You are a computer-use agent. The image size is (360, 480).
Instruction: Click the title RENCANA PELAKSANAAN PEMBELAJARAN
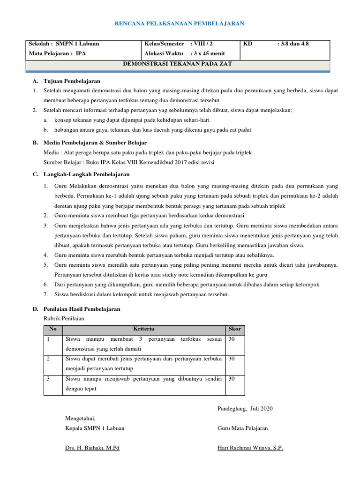[x=180, y=23]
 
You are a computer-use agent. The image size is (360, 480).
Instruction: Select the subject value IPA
[x=81, y=53]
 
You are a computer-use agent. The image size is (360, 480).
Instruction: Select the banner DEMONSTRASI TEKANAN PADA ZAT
[x=177, y=64]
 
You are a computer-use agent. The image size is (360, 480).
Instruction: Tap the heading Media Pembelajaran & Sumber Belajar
[x=95, y=142]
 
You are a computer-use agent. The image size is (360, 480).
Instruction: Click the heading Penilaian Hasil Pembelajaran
[x=82, y=309]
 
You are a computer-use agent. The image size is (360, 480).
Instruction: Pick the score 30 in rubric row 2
[x=232, y=359]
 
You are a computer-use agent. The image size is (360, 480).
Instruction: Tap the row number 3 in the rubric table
[x=48, y=378]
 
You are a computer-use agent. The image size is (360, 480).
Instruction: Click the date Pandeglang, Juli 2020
[x=245, y=408]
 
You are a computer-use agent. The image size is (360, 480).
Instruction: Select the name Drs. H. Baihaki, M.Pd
[x=92, y=448]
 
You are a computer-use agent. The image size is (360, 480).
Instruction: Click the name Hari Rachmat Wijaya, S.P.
[x=250, y=448]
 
